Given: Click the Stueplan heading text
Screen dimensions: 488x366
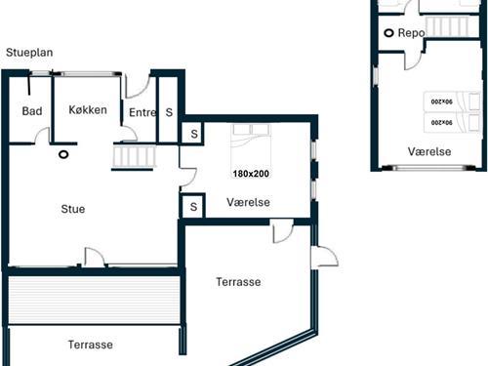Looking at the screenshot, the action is tap(29, 53).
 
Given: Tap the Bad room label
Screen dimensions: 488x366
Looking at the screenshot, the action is tap(32, 111).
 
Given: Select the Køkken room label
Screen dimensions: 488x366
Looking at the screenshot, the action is tap(88, 110).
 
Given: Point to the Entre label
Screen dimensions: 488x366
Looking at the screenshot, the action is tap(142, 112).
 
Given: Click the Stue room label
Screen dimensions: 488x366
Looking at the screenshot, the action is tap(73, 209).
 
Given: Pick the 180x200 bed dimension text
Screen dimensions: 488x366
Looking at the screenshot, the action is tap(251, 174).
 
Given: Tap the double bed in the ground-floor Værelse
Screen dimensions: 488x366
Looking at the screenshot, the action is tap(251, 145).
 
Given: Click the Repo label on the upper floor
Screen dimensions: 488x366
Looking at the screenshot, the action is tap(411, 33).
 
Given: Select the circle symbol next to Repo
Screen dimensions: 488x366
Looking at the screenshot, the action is tap(388, 33).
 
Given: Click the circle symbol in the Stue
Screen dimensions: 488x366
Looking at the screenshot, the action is tap(63, 154).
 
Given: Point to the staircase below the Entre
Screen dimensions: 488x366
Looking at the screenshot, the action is tap(134, 157).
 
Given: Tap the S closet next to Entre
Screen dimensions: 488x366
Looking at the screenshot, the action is tap(169, 112).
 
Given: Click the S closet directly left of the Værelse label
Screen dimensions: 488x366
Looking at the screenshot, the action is tap(193, 207).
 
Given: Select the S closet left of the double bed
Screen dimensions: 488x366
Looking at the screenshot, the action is tap(194, 134).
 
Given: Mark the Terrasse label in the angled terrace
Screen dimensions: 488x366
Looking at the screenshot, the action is tap(238, 282).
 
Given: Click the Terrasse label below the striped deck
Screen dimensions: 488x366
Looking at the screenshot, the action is tap(91, 345).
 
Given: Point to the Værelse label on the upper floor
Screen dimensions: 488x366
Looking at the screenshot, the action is tap(429, 151).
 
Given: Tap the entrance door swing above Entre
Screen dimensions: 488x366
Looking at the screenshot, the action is tap(137, 87).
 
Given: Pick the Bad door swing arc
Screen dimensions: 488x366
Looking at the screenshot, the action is tap(42, 135).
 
